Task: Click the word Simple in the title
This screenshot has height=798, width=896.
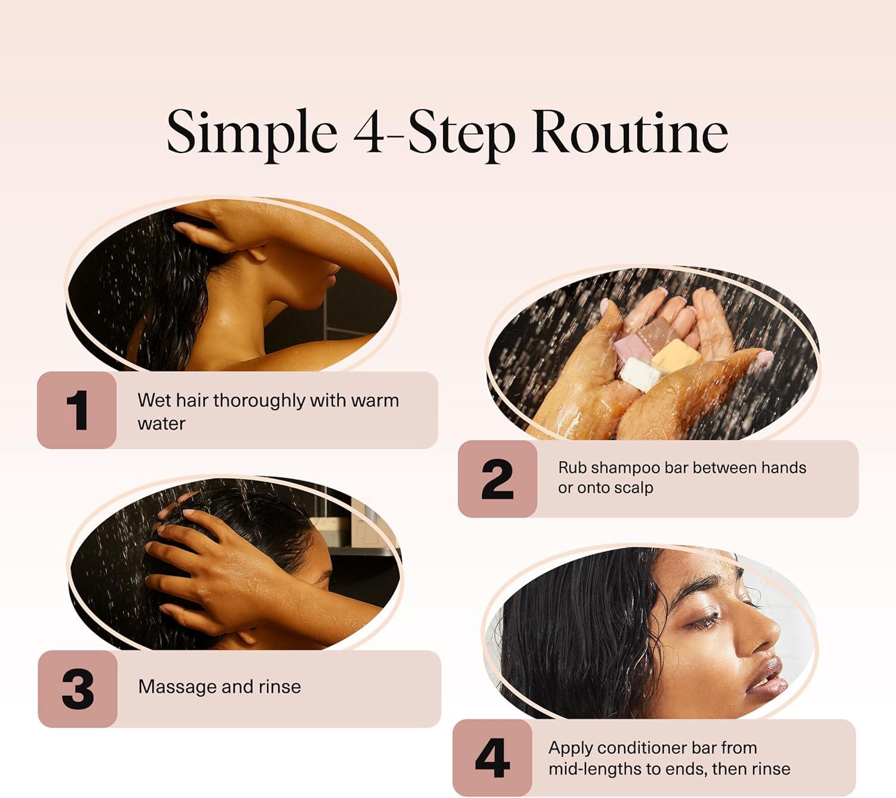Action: click(x=252, y=132)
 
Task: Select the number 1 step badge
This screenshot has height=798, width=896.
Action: click(x=77, y=410)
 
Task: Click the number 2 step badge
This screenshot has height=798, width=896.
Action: click(x=498, y=479)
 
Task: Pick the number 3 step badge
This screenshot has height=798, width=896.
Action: click(x=78, y=689)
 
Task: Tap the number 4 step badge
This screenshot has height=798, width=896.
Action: click(x=492, y=757)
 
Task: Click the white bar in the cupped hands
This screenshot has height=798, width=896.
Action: click(x=640, y=374)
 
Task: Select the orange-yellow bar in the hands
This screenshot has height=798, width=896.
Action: click(x=676, y=356)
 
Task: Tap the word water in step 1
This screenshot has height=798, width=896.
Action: click(x=161, y=424)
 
